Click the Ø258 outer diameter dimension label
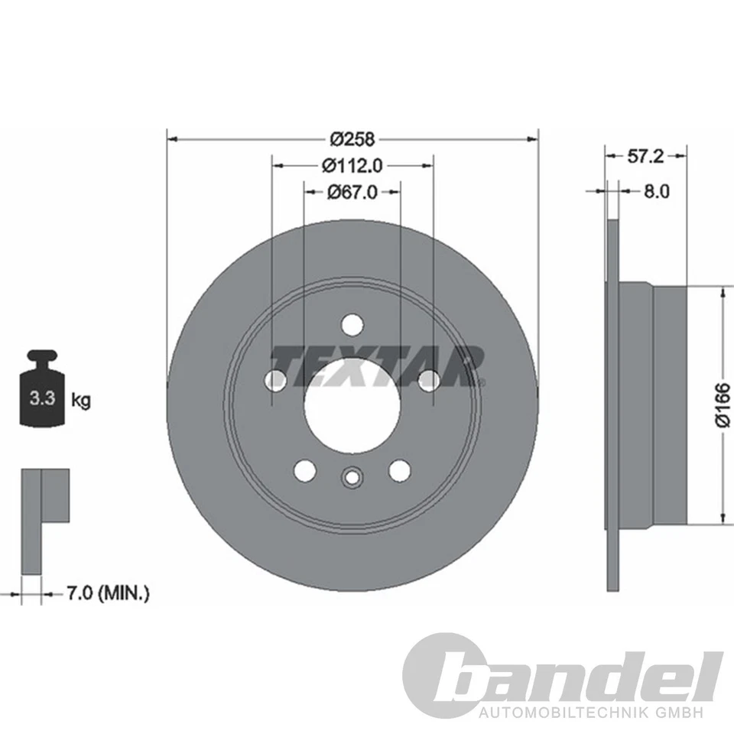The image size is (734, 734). tap(352, 139)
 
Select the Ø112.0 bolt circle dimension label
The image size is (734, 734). tap(352, 164)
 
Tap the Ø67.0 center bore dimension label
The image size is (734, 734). tap(352, 192)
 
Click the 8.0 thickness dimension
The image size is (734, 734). tap(656, 191)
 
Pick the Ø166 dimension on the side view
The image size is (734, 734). tap(723, 405)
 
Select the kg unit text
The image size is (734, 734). tap(80, 399)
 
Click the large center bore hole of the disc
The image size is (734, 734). tap(352, 405)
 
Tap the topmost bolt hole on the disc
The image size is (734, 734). tap(352, 324)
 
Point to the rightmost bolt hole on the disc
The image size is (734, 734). tap(430, 379)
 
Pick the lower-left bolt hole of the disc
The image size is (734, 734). tap(304, 470)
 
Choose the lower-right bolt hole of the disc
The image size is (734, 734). tap(399, 470)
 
